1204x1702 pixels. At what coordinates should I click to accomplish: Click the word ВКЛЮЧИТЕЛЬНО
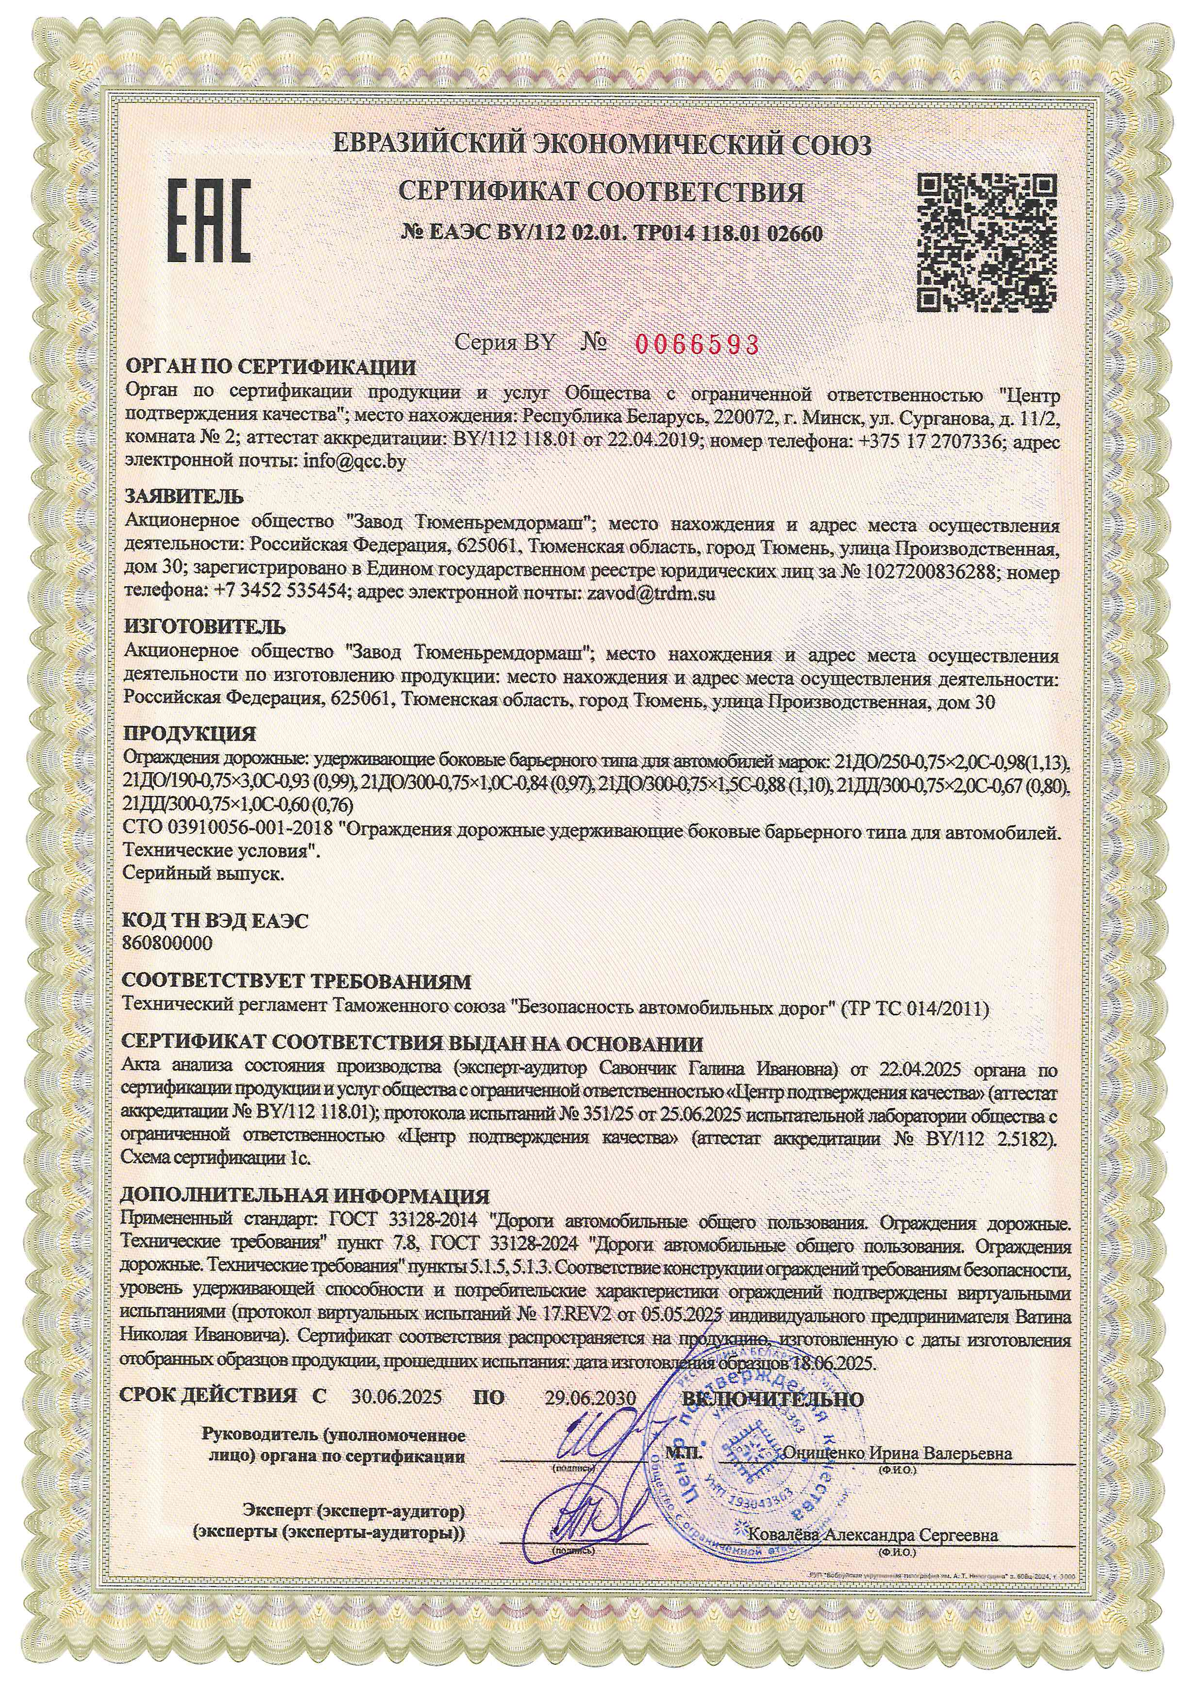tap(772, 1397)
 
